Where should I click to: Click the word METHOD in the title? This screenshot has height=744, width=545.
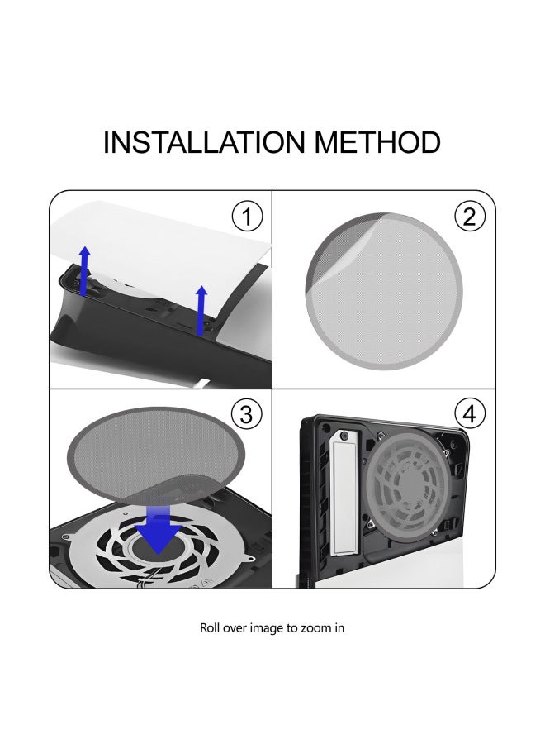click(x=377, y=142)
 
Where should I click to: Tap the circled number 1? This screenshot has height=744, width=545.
click(x=247, y=217)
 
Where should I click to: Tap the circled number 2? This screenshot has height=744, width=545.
click(x=470, y=217)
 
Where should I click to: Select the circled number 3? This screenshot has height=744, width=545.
click(x=246, y=415)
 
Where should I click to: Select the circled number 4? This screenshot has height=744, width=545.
click(x=470, y=414)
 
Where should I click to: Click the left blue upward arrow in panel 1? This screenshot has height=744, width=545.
click(x=84, y=271)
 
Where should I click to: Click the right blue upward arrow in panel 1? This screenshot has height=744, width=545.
click(x=201, y=310)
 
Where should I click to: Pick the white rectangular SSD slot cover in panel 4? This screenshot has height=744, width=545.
click(x=344, y=491)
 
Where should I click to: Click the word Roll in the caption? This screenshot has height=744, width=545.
click(x=210, y=627)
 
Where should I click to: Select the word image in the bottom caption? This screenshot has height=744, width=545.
click(x=267, y=629)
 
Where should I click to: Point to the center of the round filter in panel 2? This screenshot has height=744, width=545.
click(x=384, y=291)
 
